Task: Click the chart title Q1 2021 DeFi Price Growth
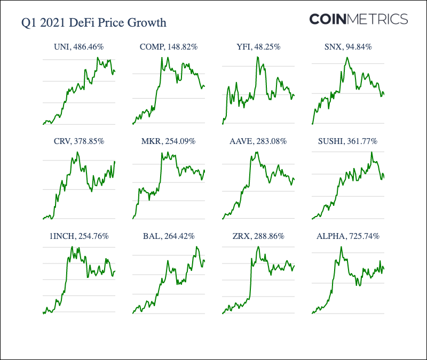pyautogui.click(x=93, y=23)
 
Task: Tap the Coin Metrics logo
pyautogui.click(x=358, y=19)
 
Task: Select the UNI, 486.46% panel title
pyautogui.click(x=78, y=47)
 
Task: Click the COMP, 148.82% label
pyautogui.click(x=169, y=47)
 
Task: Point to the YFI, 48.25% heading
pyautogui.click(x=258, y=47)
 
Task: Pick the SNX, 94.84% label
pyautogui.click(x=347, y=47)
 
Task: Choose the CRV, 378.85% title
pyautogui.click(x=78, y=141)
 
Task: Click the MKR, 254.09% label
pyautogui.click(x=169, y=141)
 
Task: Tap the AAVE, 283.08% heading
pyautogui.click(x=258, y=141)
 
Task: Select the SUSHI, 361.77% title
pyautogui.click(x=347, y=141)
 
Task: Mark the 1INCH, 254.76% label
pyautogui.click(x=78, y=236)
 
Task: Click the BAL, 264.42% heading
pyautogui.click(x=169, y=236)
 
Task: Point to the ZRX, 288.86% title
pyautogui.click(x=258, y=236)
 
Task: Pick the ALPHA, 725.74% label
pyautogui.click(x=347, y=236)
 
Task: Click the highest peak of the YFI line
pyautogui.click(x=258, y=57)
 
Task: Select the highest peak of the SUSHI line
pyautogui.click(x=371, y=153)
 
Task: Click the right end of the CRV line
pyautogui.click(x=115, y=162)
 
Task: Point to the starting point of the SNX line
pyautogui.click(x=312, y=124)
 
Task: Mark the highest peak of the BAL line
pyautogui.click(x=197, y=247)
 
